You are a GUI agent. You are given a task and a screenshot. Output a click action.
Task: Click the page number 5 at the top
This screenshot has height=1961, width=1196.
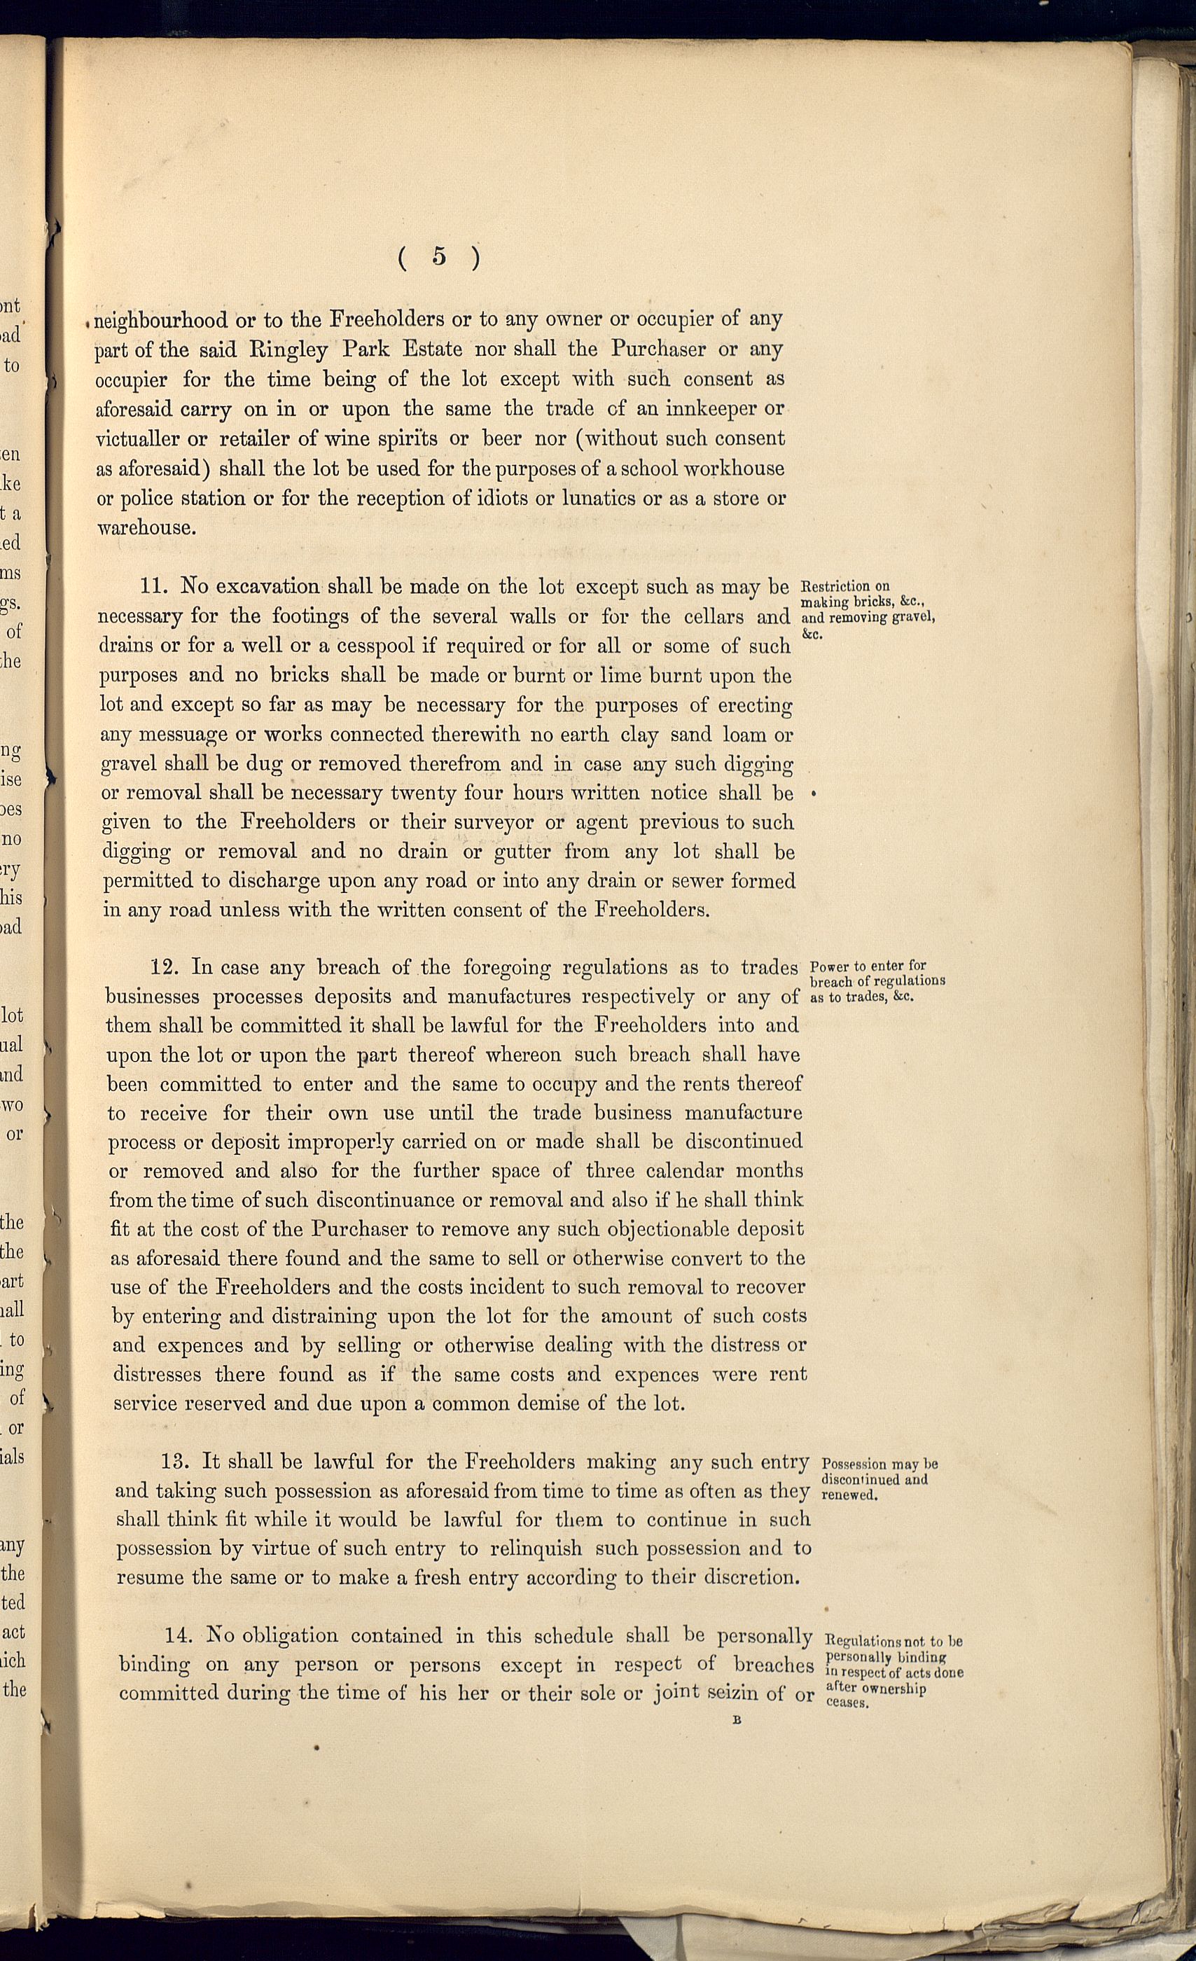click(x=439, y=256)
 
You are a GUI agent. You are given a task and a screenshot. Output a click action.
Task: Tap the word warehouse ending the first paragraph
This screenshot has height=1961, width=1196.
click(x=144, y=527)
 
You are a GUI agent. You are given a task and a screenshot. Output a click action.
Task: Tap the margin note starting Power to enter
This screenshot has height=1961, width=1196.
click(x=877, y=981)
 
